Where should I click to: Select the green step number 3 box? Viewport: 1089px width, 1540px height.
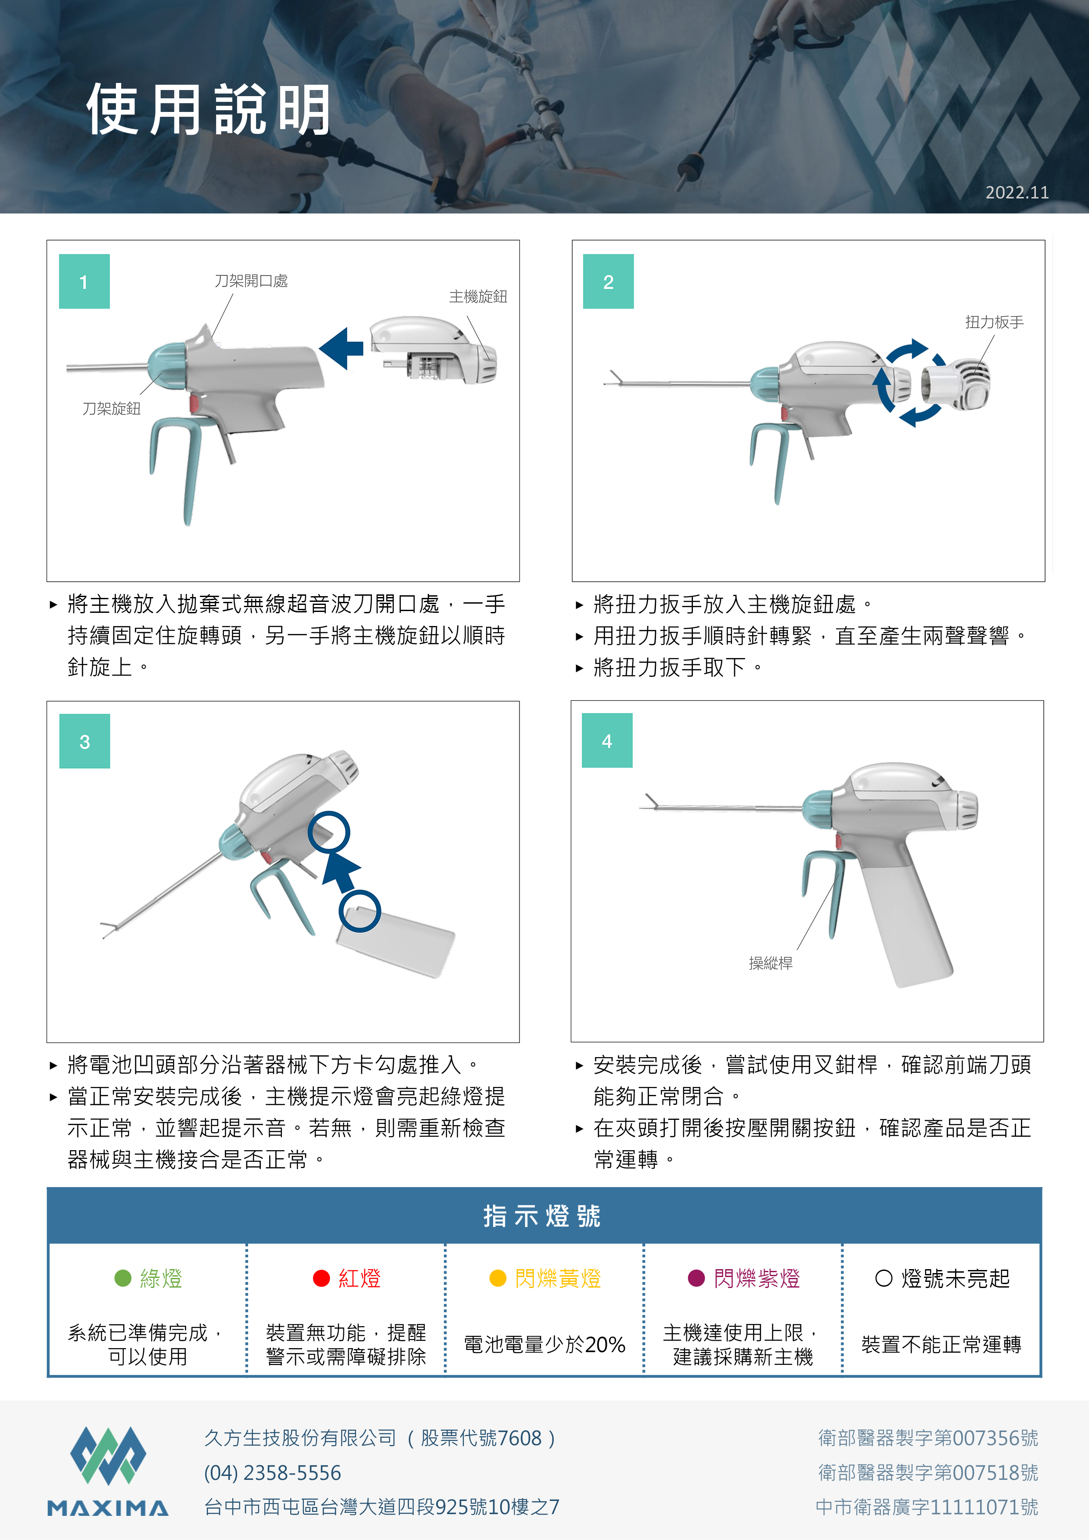tap(85, 741)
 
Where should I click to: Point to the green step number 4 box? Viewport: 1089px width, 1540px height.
tap(607, 741)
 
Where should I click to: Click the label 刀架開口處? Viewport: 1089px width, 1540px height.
tap(251, 281)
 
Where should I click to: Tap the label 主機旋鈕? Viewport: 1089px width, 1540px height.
tap(478, 296)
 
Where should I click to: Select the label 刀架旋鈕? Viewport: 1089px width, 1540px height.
tap(112, 408)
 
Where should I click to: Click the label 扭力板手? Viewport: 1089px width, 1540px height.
tap(995, 322)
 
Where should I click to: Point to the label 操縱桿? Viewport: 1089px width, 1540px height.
tap(770, 963)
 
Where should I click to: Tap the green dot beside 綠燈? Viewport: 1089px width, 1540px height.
tap(123, 1278)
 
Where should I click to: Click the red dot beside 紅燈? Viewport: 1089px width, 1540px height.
tap(321, 1278)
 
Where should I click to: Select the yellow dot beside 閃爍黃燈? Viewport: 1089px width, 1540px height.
tap(498, 1278)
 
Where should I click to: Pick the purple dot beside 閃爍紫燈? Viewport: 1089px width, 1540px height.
tap(696, 1278)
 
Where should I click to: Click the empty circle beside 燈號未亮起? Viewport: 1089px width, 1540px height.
tap(883, 1278)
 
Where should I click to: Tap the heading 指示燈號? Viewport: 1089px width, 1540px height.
tap(542, 1216)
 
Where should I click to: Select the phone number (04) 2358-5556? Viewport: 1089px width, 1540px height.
tap(272, 1473)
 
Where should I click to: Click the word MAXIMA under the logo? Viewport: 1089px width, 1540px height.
tap(108, 1508)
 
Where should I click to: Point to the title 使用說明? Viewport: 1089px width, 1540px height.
tap(209, 109)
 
